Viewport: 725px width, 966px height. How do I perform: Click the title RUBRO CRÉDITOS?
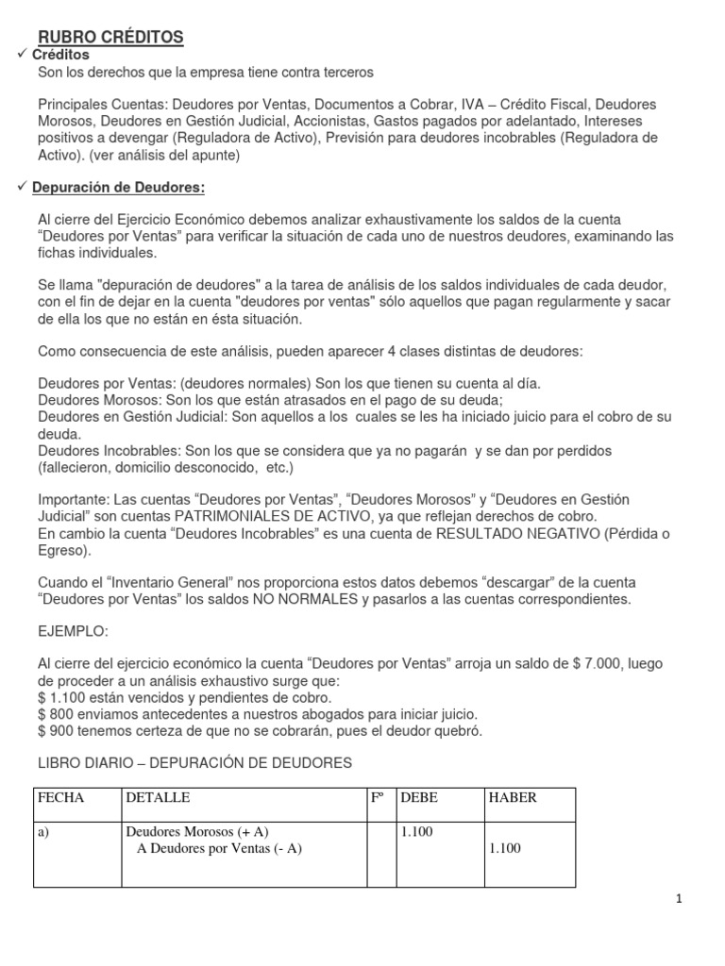coord(110,37)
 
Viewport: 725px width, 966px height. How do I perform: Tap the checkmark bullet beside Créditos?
coord(24,55)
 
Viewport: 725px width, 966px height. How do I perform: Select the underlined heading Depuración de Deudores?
coord(119,188)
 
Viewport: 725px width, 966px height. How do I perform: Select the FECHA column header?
coord(61,798)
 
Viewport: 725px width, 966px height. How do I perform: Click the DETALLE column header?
coord(158,798)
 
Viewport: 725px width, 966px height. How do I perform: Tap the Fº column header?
coord(377,798)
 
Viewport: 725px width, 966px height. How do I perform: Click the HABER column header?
coord(513,798)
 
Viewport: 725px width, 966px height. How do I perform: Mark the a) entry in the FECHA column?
coord(45,832)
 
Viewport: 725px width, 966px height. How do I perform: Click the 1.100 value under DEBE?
coord(417,832)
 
